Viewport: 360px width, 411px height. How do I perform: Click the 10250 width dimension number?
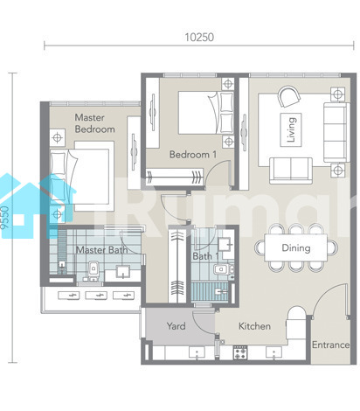click(199, 37)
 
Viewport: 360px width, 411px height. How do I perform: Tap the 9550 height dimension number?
click(4, 218)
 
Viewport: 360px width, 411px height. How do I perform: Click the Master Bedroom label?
click(94, 123)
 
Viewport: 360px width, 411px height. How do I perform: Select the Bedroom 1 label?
click(193, 155)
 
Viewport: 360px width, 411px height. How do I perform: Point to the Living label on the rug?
click(291, 129)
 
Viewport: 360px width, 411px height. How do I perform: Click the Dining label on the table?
click(296, 248)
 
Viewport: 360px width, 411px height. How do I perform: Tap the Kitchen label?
click(254, 326)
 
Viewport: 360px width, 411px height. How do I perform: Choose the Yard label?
click(176, 326)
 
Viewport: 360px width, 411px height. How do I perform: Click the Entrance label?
click(330, 345)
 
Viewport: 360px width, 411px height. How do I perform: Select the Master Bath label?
click(101, 250)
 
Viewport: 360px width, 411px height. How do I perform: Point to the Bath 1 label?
click(205, 256)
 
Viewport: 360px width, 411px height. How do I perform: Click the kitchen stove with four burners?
click(240, 352)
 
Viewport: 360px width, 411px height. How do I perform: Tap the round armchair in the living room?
click(288, 96)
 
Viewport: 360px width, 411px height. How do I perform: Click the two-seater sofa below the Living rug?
click(291, 171)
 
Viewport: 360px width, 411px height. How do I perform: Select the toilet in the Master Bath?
click(93, 270)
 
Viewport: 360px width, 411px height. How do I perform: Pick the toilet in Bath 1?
click(223, 268)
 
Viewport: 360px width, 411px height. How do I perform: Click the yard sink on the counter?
click(197, 352)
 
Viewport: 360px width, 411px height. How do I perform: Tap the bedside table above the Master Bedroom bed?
click(58, 137)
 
